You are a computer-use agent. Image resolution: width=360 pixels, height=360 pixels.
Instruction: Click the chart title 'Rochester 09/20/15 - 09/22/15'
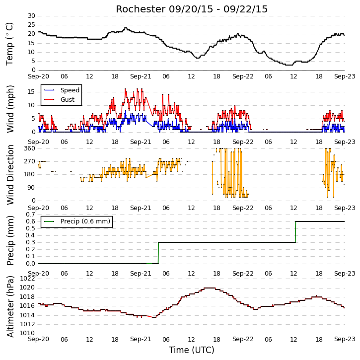point(192,9)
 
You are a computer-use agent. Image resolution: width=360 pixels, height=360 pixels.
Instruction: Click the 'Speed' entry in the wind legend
point(70,90)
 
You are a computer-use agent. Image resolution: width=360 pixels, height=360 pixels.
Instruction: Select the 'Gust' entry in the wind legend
point(68,100)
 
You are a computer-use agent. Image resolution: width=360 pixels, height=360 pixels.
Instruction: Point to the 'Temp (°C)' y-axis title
point(9,44)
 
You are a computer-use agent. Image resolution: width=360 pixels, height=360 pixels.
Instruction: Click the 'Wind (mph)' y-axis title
point(10,109)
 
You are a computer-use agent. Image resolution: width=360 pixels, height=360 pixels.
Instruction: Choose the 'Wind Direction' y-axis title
point(10,174)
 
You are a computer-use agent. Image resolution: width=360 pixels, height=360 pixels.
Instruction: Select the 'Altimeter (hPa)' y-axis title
point(10,306)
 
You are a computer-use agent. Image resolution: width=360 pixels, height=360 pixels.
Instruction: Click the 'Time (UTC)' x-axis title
point(192,350)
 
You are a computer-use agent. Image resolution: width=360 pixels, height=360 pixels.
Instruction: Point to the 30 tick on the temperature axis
point(31,16)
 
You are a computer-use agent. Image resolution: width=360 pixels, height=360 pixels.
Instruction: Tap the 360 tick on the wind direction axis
point(30,148)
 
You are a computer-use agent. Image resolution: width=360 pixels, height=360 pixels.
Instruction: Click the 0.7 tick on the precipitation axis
point(30,215)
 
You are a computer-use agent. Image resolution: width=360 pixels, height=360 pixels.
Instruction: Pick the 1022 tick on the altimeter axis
point(27,279)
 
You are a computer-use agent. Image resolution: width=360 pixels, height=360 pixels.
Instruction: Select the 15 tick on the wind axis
point(31,92)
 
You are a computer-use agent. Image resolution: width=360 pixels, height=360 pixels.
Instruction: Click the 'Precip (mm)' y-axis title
point(10,241)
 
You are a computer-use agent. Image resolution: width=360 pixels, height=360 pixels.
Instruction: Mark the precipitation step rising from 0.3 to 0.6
point(295,232)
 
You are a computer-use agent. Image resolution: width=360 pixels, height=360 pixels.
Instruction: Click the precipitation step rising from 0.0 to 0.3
point(158,253)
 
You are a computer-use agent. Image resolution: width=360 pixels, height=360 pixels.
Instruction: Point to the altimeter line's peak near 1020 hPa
point(210,288)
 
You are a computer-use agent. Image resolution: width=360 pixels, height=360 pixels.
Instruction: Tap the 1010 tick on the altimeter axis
point(27,333)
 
